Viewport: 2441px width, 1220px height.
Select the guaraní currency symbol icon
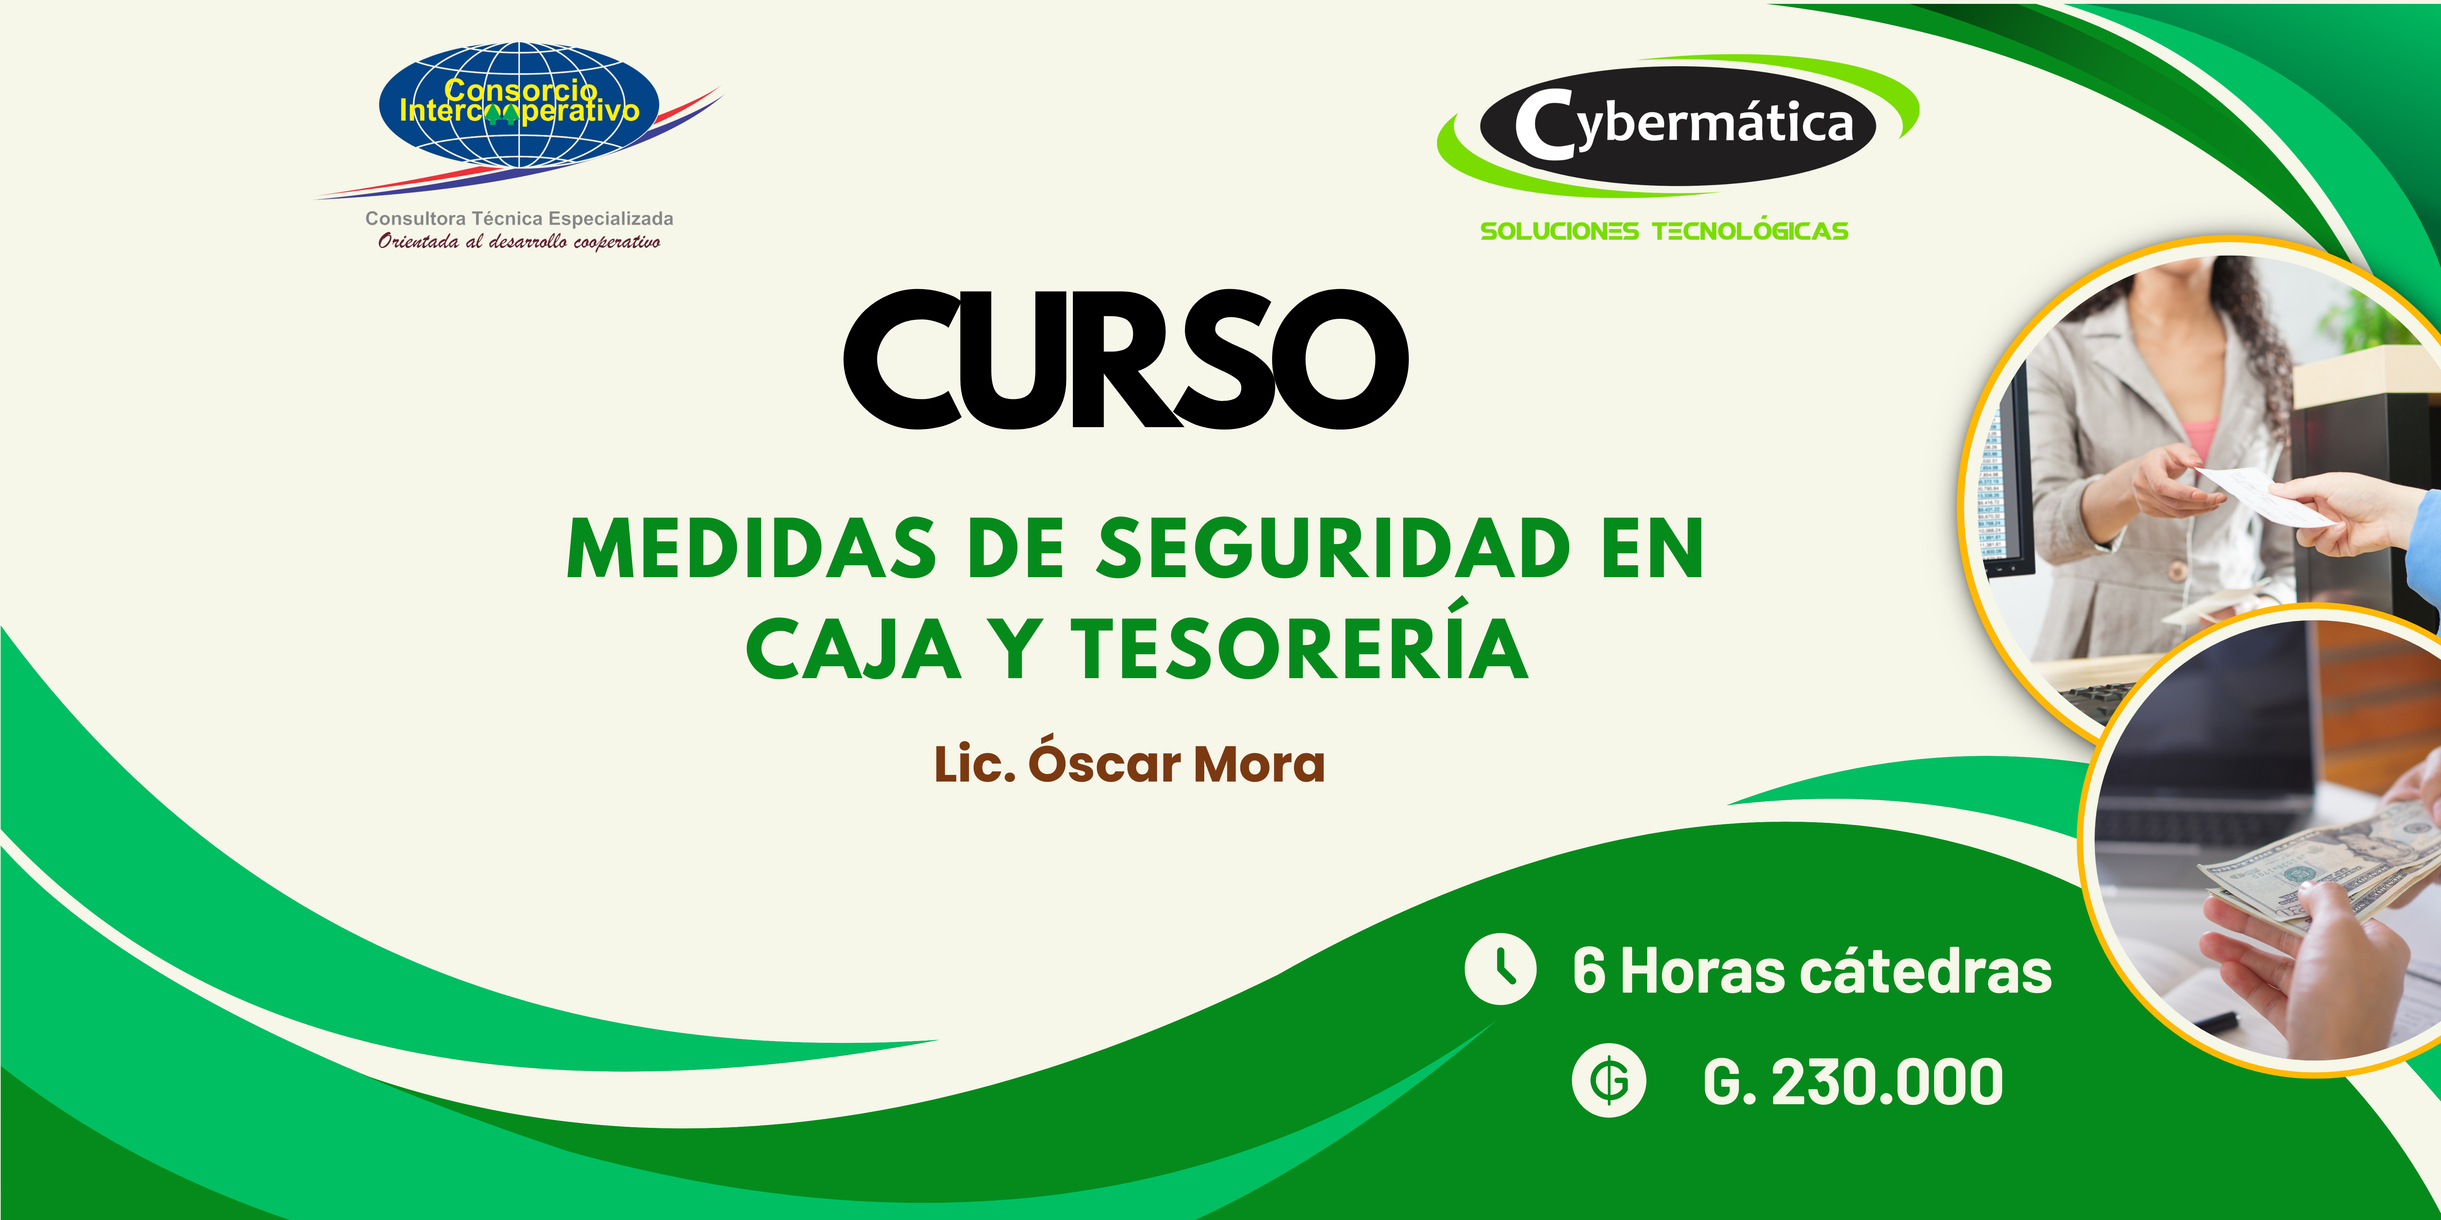tap(1609, 1082)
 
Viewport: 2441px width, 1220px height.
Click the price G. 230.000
tap(1853, 1082)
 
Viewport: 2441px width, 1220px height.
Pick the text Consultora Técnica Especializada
tap(519, 219)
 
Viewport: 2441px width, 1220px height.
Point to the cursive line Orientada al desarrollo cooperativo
tap(519, 241)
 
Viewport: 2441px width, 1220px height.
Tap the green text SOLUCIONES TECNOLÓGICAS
tap(1664, 231)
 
